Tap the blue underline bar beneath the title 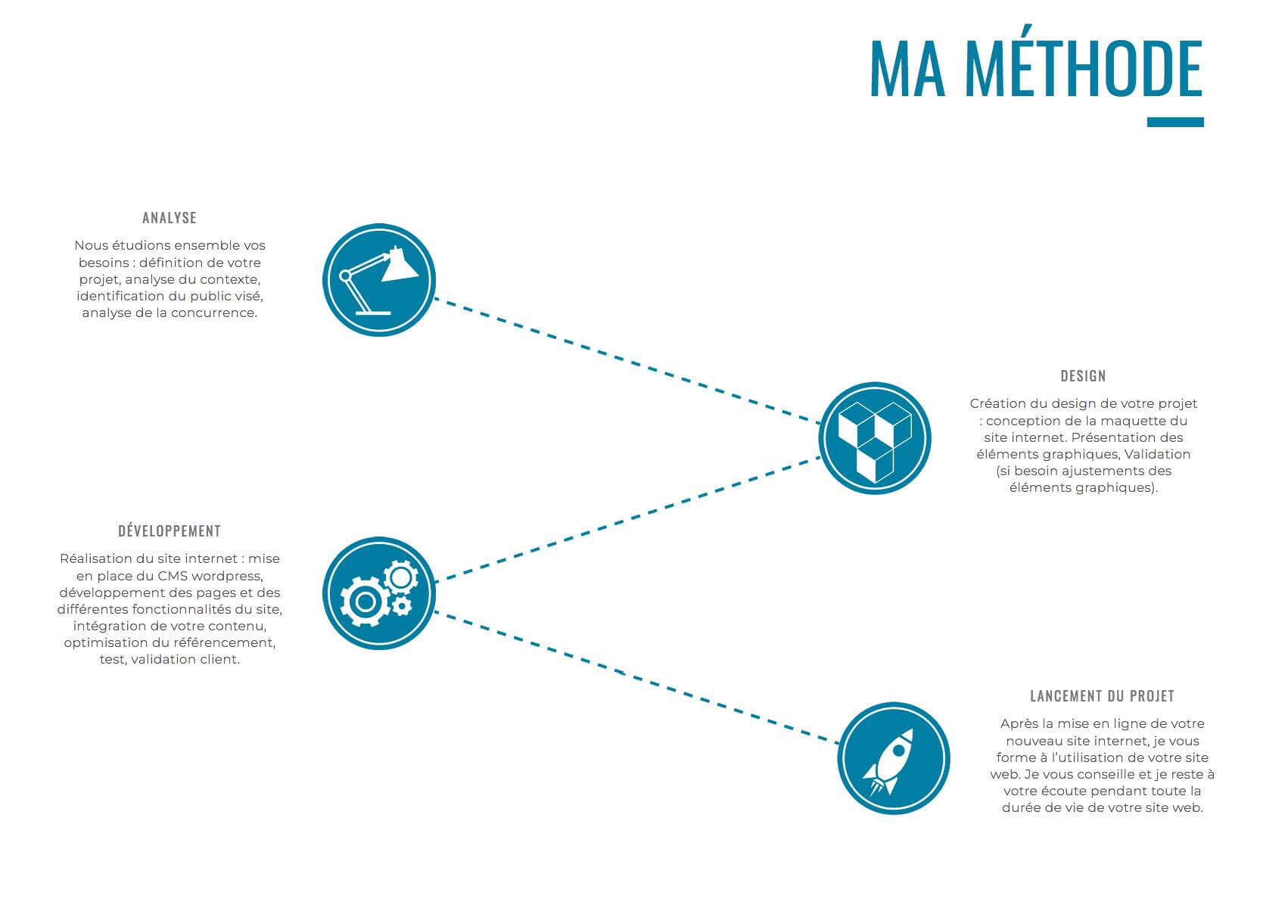click(1176, 123)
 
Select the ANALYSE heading click(170, 218)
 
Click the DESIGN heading click(1083, 376)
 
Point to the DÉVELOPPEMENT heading click(170, 531)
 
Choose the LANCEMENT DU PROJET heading click(1103, 696)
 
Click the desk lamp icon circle click(379, 280)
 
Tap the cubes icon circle click(875, 439)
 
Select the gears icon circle click(379, 593)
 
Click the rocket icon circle click(894, 758)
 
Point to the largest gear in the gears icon click(365, 602)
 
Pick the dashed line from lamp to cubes click(627, 361)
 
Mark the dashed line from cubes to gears click(627, 519)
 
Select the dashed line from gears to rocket click(637, 677)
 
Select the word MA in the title click(908, 69)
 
